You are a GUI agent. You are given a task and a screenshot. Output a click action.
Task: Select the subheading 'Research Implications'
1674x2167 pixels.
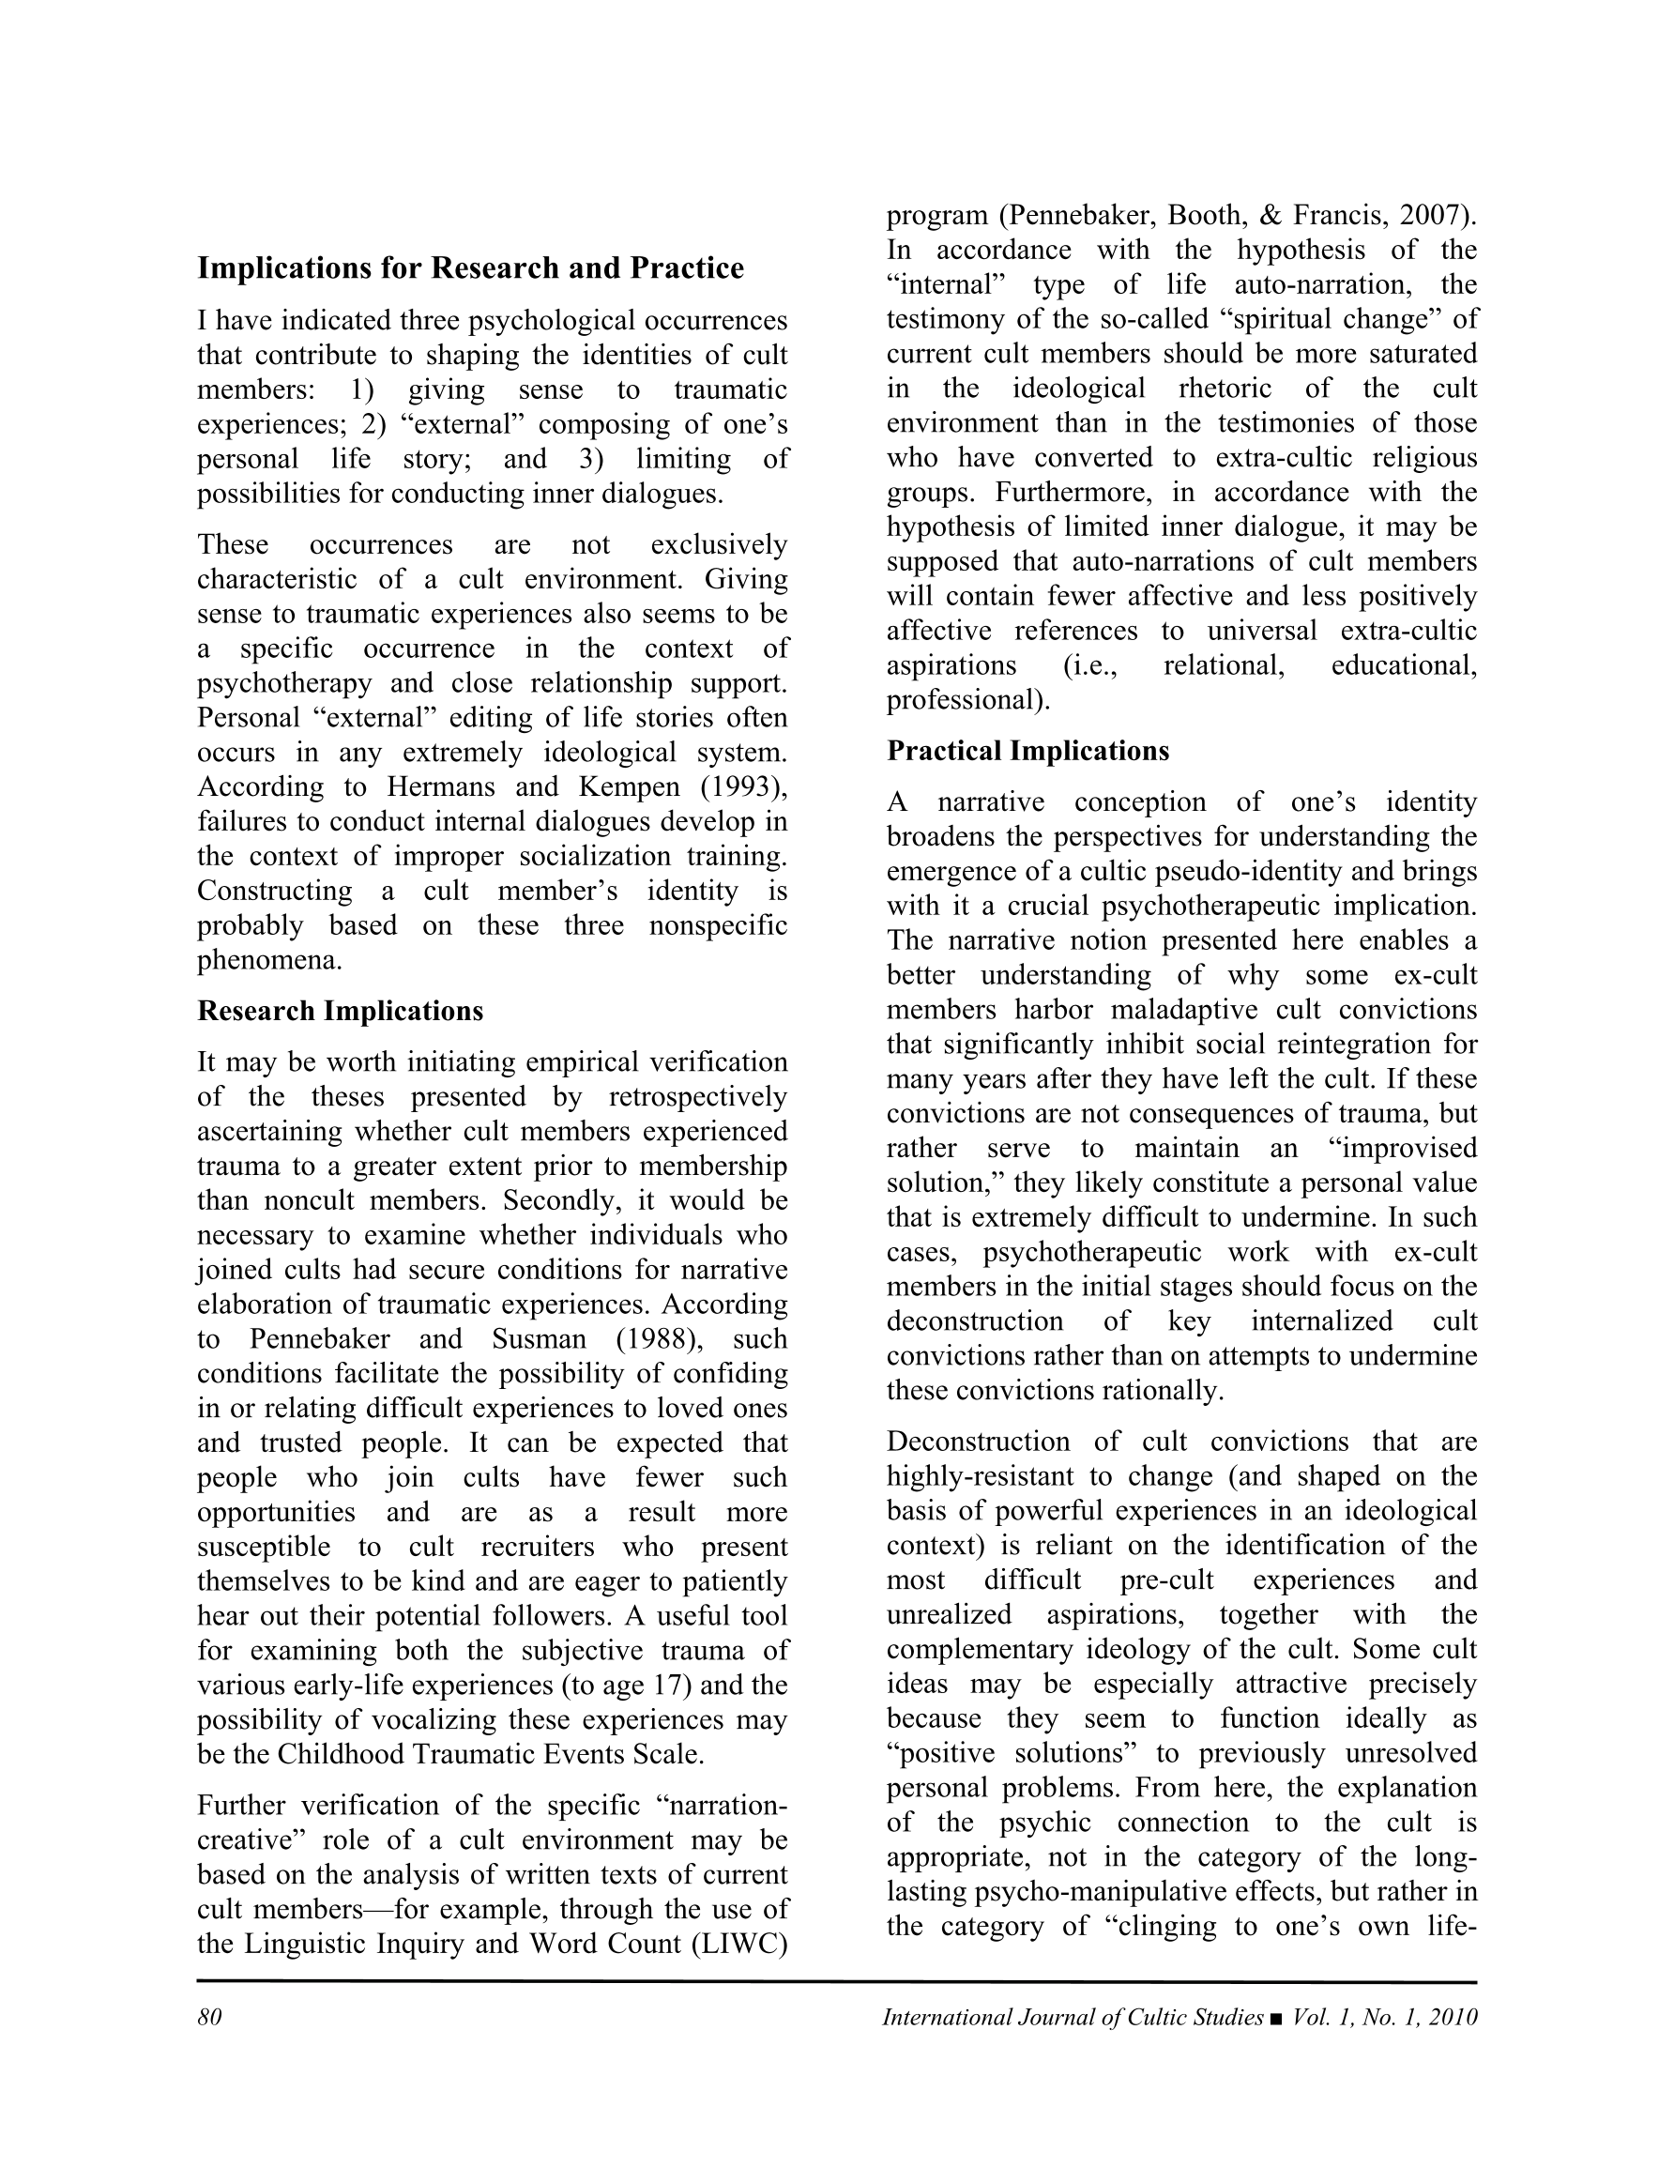coord(341,1011)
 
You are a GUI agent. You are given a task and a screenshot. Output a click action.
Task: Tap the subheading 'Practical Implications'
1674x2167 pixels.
coord(1028,751)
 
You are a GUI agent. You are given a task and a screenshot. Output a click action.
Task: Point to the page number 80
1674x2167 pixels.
coord(209,2017)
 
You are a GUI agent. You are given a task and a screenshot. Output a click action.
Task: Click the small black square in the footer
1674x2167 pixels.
coord(1276,2018)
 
